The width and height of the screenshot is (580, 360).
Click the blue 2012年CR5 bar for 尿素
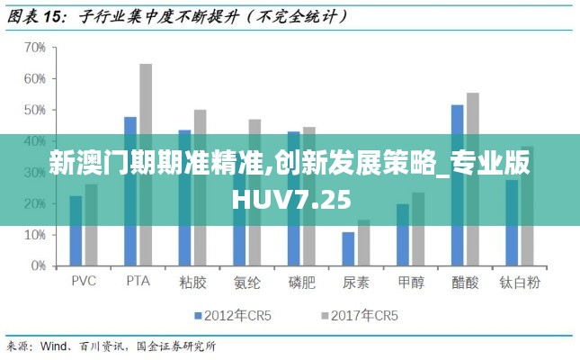pyautogui.click(x=348, y=249)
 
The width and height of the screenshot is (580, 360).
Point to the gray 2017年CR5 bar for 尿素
pyautogui.click(x=363, y=243)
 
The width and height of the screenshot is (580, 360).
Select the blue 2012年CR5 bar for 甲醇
pyautogui.click(x=402, y=235)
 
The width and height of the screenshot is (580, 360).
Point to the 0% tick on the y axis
pyautogui.click(x=37, y=266)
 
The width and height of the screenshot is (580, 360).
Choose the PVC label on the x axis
pyautogui.click(x=84, y=282)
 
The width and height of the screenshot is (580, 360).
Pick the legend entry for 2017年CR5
pyautogui.click(x=359, y=316)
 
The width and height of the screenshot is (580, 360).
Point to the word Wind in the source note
pyautogui.click(x=55, y=346)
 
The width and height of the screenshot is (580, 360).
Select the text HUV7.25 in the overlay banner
pyautogui.click(x=290, y=198)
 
